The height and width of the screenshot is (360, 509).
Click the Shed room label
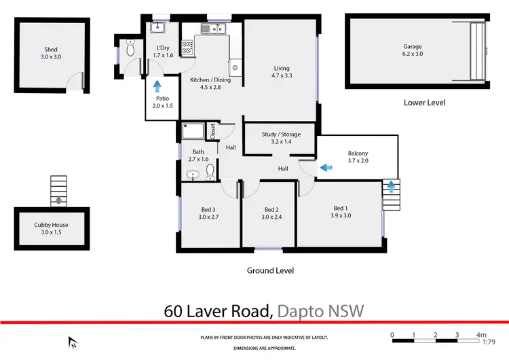click(51, 53)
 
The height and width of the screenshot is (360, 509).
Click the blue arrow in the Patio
click(157, 86)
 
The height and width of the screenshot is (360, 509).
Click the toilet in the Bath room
click(210, 170)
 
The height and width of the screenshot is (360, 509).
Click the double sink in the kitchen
click(216, 29)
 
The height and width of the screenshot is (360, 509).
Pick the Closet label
click(212, 131)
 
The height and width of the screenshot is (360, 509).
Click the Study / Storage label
click(281, 138)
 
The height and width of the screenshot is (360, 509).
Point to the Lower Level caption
click(423, 103)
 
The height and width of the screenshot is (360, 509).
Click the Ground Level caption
click(270, 270)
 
